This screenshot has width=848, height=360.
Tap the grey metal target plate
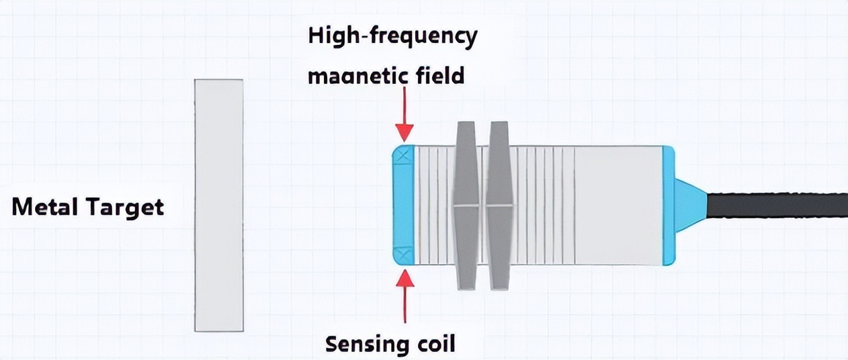click(218, 205)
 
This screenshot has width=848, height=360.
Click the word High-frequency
click(392, 36)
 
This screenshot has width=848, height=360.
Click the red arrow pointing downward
click(404, 118)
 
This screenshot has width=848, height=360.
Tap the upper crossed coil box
click(404, 156)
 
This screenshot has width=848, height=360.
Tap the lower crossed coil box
click(404, 255)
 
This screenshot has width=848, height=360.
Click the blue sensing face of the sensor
click(403, 205)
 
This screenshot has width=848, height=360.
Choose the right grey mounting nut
click(499, 205)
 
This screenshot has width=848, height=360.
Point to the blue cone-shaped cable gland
click(689, 205)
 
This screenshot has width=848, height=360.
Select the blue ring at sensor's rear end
click(668, 205)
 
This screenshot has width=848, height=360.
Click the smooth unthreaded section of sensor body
click(618, 205)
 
